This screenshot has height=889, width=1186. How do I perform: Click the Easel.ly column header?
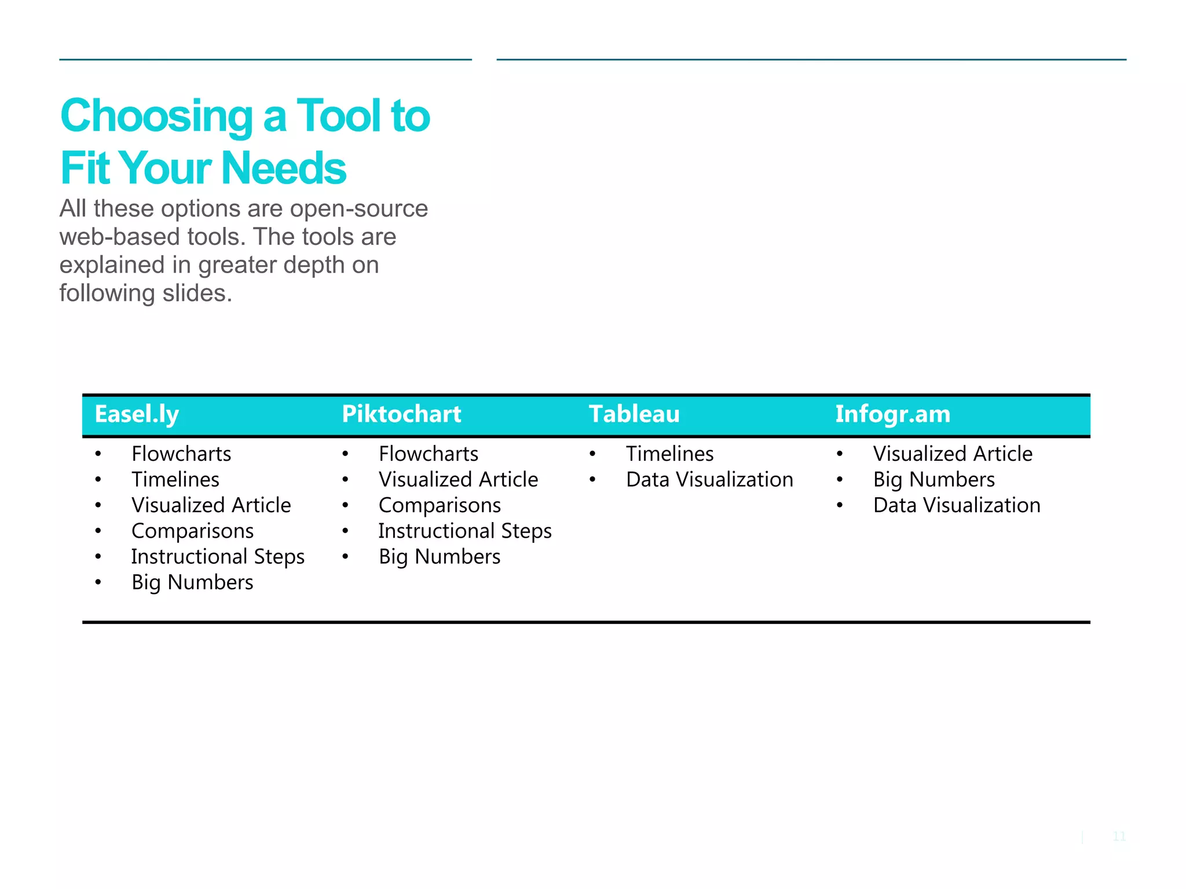pos(137,414)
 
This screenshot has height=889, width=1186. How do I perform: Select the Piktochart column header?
pos(401,414)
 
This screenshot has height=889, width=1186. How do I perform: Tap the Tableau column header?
pos(634,414)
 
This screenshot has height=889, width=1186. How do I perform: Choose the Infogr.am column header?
pos(892,414)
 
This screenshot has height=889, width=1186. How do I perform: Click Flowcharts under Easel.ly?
pos(181,454)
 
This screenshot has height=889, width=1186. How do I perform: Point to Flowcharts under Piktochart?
pos(429,454)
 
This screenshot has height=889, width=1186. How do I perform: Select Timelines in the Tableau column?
pos(669,454)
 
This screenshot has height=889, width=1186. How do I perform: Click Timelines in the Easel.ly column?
pos(175,480)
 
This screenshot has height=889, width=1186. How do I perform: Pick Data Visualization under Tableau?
pos(709,480)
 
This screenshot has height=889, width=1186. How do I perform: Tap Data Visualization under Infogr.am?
pos(957,505)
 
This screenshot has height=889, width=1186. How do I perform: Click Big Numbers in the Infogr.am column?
pos(934,480)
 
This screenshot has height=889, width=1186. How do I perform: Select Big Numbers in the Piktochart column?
pos(440,557)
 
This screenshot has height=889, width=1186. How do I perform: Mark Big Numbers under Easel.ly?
pos(192,582)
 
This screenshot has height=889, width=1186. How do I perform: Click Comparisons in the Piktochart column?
pos(440,505)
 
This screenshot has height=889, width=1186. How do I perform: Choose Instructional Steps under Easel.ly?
pos(218,557)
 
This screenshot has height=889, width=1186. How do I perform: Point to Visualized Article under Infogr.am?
pos(953,454)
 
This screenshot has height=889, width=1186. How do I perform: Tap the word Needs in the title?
pos(284,168)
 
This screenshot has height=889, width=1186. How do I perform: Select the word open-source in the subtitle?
pos(358,209)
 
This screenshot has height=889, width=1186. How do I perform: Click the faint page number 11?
pos(1119,836)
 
